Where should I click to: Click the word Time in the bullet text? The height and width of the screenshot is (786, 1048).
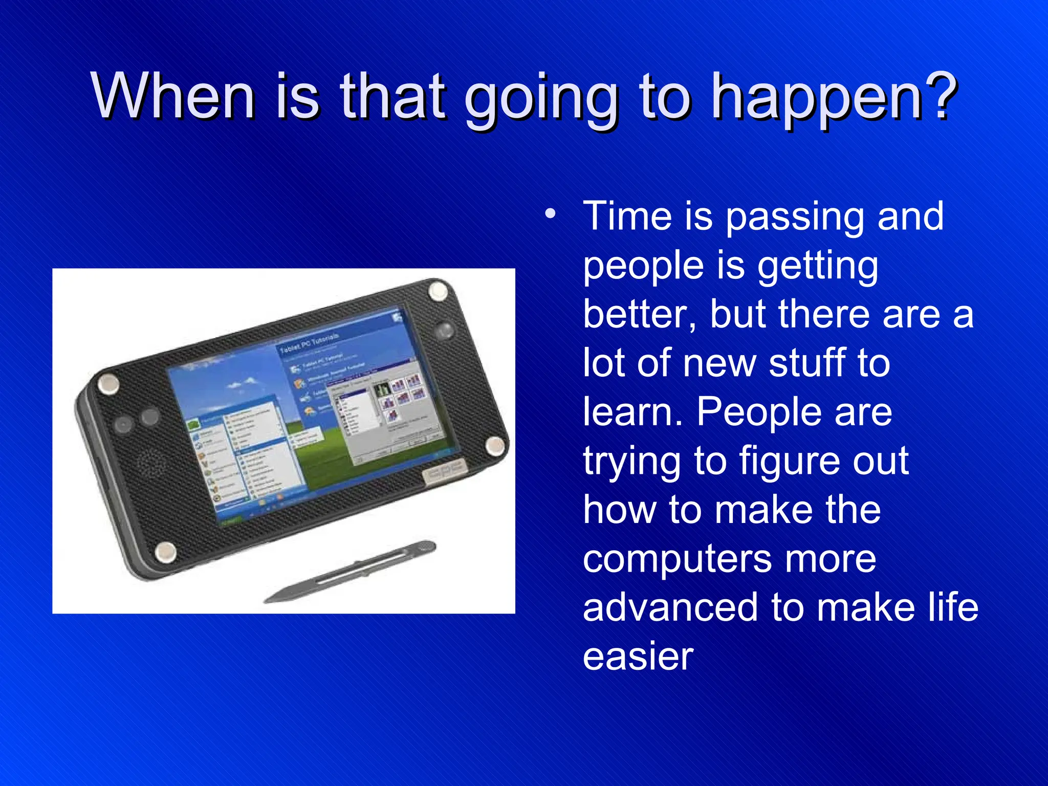[627, 216]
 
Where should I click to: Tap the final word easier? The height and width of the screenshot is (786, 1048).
[638, 657]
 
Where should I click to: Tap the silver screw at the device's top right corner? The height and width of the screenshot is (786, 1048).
[438, 291]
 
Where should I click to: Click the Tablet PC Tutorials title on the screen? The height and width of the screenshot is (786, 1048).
[309, 343]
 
